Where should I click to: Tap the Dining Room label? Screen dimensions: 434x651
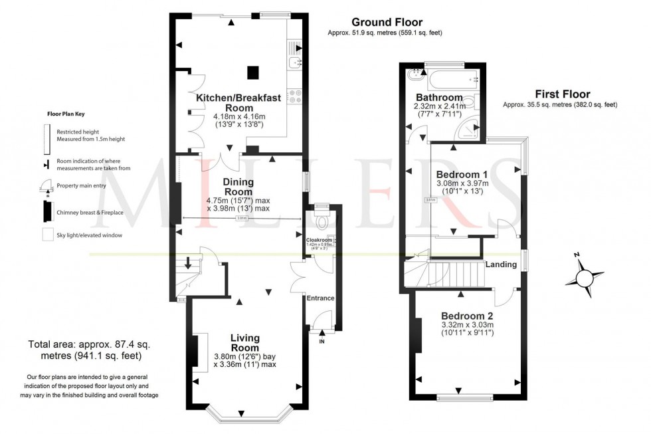238,187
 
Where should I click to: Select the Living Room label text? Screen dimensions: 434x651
244,343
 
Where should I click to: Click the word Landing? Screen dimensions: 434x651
501,265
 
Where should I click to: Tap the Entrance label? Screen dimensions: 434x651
320,298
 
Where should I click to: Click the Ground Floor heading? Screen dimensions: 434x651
387,22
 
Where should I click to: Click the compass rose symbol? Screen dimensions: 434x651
585,274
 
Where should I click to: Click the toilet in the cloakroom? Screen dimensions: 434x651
322,220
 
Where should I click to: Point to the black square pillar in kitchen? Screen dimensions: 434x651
252,72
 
